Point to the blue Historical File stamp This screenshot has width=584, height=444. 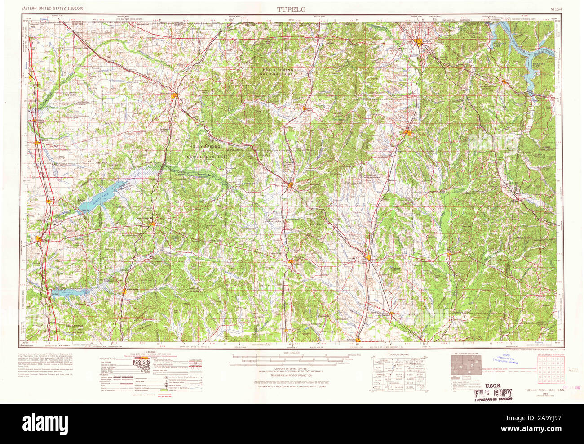[505, 360]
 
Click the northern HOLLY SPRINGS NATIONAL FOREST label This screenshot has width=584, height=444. [282, 72]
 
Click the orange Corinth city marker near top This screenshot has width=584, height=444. [420, 43]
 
